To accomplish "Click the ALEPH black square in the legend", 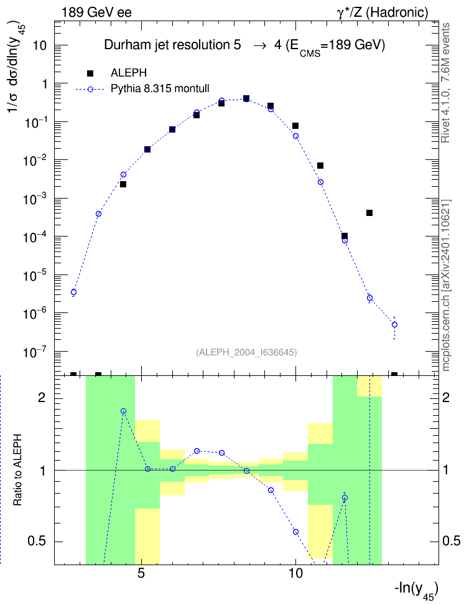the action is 90,73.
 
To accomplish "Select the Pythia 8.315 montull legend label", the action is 160,88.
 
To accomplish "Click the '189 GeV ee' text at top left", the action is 96,12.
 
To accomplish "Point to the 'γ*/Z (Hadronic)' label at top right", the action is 383,12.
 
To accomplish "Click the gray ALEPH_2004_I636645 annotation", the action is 246,352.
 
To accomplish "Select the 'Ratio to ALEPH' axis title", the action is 17,470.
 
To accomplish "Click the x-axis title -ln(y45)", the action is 416,590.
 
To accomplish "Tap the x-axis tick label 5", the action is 142,573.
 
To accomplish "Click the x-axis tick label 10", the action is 295,573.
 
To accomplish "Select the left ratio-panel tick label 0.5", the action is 37,542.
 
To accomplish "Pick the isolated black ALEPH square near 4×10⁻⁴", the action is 369,213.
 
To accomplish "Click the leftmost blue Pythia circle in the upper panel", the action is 73,292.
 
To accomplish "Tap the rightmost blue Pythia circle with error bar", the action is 394,325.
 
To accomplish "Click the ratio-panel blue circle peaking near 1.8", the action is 123,411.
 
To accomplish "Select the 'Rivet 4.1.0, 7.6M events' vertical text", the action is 445,83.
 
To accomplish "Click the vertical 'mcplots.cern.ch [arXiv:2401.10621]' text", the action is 446,285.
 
